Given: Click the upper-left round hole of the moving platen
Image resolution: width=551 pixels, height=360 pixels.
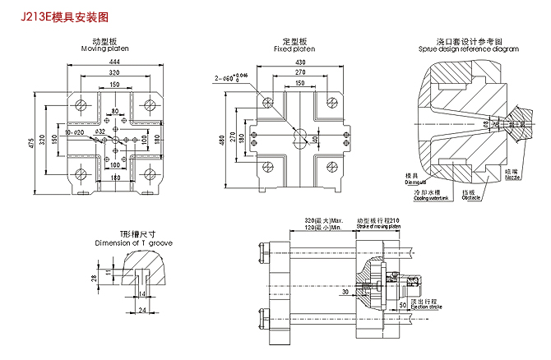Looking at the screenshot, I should click(81, 105).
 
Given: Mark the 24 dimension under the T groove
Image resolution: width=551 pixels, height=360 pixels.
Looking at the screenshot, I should click(141, 310).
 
